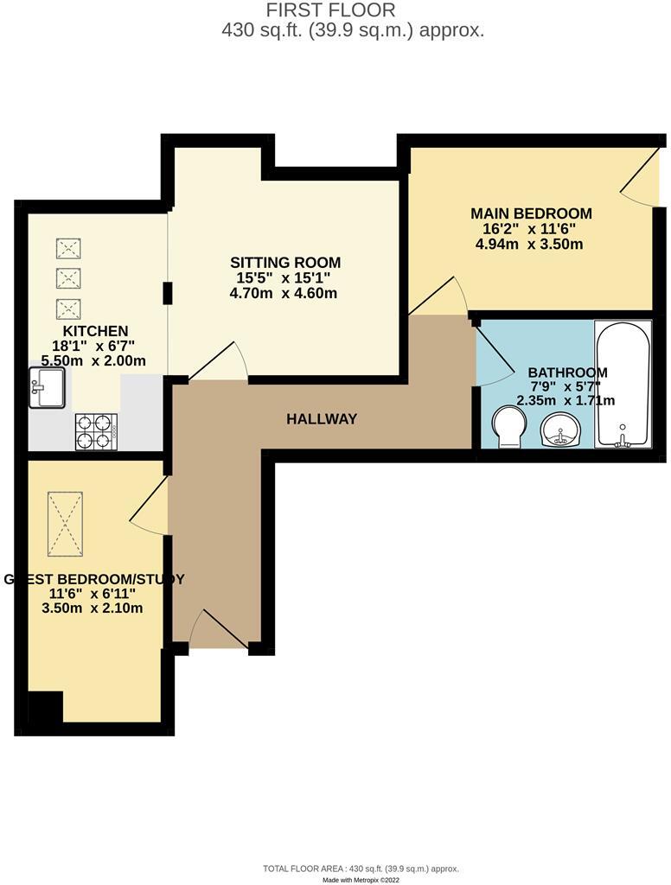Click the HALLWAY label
pos(322,419)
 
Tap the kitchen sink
pos(46,387)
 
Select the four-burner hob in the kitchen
pos(97,430)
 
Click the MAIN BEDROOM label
pos(531,213)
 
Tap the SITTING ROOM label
pos(285,263)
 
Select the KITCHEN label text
pos(95,331)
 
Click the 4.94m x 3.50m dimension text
pos(529,244)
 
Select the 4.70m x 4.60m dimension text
pos(284,293)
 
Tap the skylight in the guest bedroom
pos(66,525)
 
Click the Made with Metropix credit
pos(361,879)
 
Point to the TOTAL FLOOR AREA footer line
pos(361,868)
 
